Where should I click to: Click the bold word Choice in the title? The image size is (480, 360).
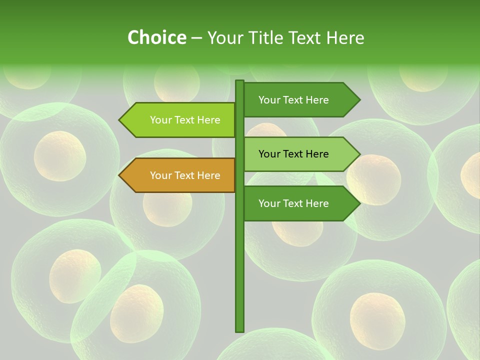pos(156,37)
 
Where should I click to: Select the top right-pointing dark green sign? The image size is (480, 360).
pos(300,99)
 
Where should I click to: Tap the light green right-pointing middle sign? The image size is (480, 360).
pos(300,154)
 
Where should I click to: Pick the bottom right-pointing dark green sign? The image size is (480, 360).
pos(300,203)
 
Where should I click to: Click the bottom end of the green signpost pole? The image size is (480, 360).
pos(239,330)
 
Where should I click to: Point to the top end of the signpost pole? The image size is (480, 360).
pos(239,82)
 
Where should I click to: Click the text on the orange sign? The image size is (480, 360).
pos(185,175)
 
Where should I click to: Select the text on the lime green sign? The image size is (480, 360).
pos(185,120)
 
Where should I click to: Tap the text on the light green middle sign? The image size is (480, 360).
pos(293,154)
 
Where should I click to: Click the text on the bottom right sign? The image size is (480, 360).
pos(293,203)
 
